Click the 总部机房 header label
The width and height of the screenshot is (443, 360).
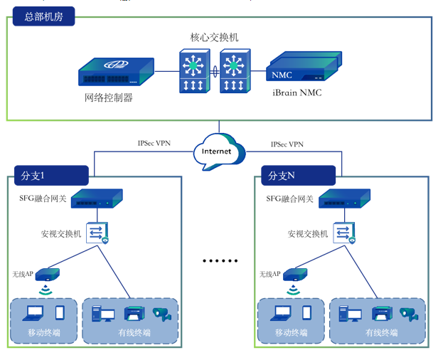point(43,16)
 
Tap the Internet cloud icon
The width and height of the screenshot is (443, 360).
point(218,151)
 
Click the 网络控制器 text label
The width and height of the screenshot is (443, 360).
point(109,97)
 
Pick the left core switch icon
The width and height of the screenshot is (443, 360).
point(192,72)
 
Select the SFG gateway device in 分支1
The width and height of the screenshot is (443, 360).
point(97,198)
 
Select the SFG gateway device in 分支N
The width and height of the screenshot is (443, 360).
point(343,198)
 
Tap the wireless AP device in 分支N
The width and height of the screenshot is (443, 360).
point(292,274)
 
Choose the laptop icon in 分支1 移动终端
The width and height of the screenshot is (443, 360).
point(34,312)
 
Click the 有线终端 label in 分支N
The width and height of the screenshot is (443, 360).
point(383,333)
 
